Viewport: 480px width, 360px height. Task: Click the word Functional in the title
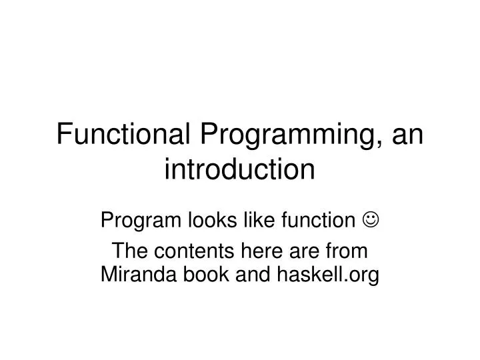124,135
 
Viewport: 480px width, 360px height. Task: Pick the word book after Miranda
201,273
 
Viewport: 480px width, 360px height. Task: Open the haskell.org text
324,274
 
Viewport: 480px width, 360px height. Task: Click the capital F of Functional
63,135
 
